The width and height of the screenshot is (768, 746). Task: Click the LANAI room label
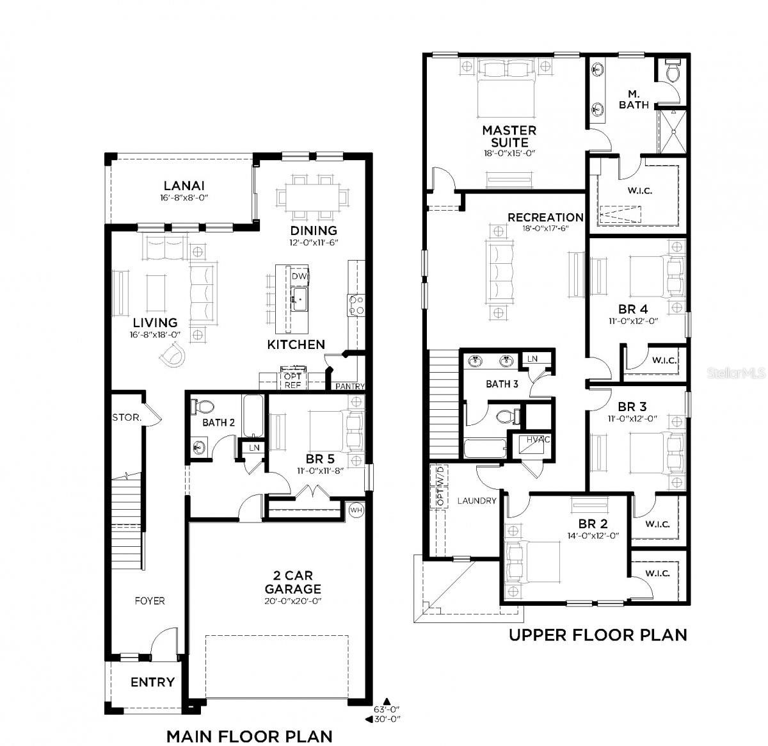click(x=183, y=186)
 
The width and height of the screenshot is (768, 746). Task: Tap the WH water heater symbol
click(x=356, y=509)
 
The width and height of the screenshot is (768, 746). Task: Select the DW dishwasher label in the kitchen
click(x=298, y=276)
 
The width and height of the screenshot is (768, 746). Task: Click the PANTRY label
click(x=350, y=387)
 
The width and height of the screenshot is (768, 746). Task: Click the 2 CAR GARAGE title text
click(x=292, y=583)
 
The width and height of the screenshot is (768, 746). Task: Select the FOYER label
click(x=149, y=601)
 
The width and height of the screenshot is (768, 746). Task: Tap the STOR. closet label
click(x=127, y=418)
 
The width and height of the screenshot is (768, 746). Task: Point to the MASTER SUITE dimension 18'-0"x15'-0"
click(x=509, y=154)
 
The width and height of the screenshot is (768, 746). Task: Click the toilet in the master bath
click(x=672, y=72)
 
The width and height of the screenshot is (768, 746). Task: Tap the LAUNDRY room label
click(x=477, y=501)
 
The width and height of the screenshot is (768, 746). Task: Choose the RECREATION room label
click(x=545, y=218)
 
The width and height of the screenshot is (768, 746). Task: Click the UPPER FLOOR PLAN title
click(x=598, y=635)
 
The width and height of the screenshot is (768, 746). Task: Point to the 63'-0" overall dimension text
click(x=387, y=709)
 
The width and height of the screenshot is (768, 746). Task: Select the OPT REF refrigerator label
click(x=292, y=382)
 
